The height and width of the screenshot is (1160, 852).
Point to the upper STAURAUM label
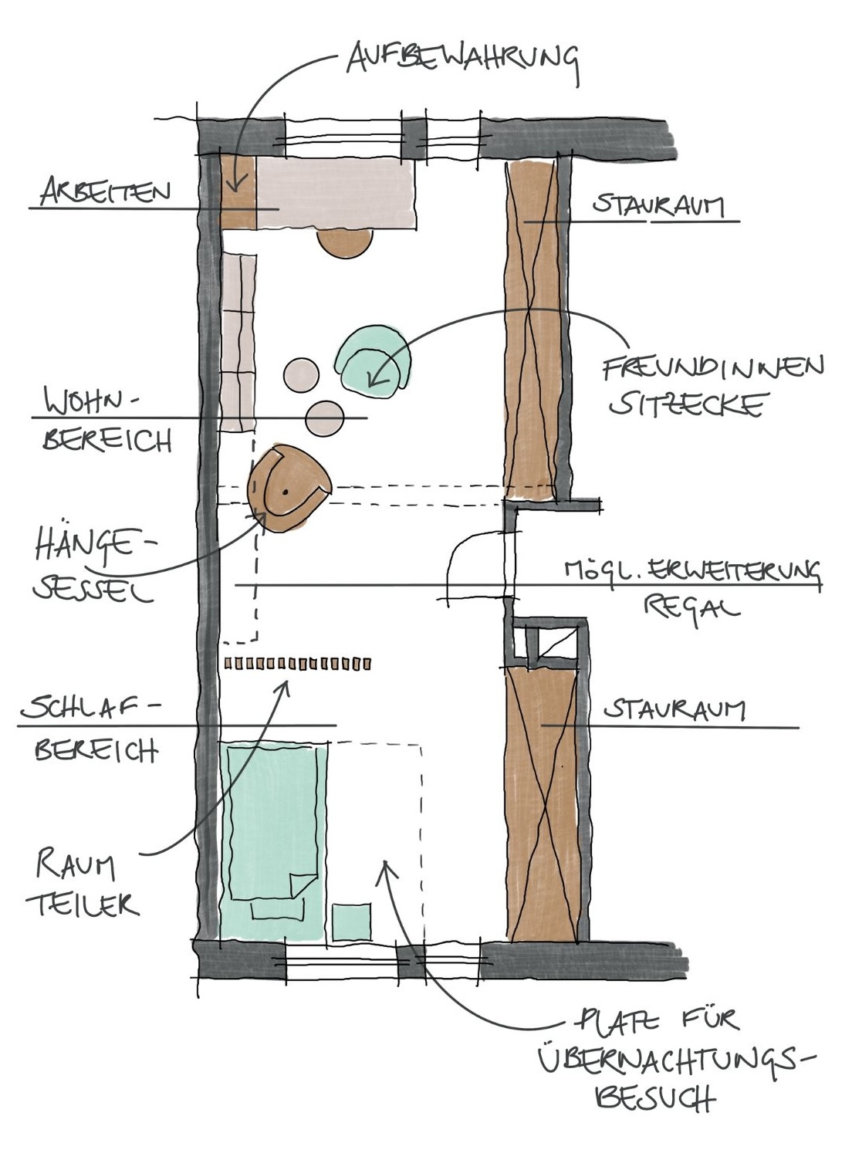(x=658, y=206)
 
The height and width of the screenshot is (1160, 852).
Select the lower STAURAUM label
(x=674, y=709)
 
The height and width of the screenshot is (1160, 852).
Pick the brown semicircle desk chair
(x=344, y=242)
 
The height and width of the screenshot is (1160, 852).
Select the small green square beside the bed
(x=351, y=922)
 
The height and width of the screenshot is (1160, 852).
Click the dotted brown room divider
(x=298, y=663)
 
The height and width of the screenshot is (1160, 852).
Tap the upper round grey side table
(x=301, y=376)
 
